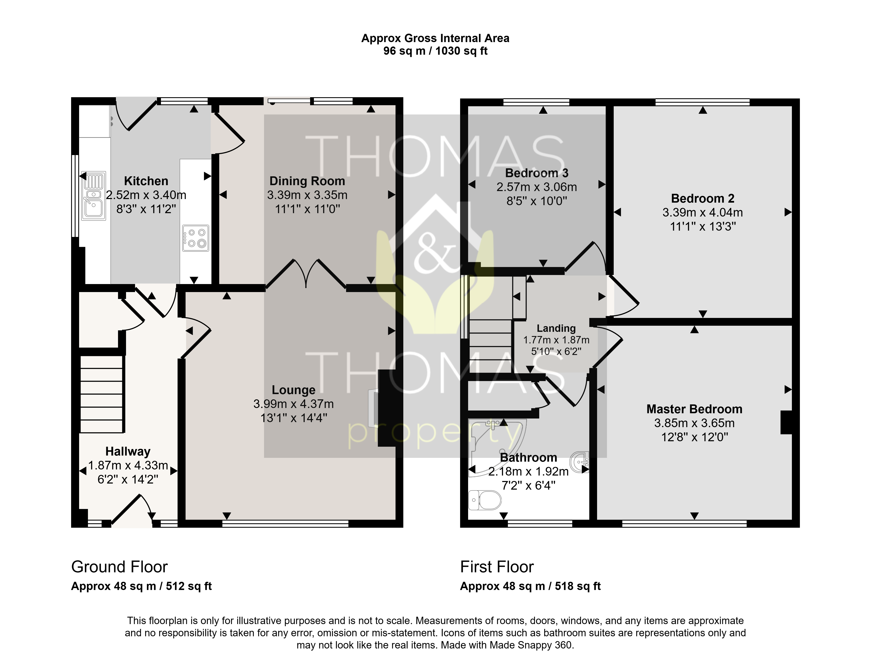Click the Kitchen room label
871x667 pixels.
(146, 181)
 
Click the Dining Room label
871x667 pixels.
(307, 181)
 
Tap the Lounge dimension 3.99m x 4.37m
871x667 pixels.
(293, 404)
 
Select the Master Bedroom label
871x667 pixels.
(694, 409)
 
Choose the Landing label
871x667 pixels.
(556, 328)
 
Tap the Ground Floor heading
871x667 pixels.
(119, 567)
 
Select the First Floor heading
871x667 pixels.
(497, 567)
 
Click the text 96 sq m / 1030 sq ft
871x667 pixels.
(435, 51)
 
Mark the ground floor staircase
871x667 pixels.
(102, 394)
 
